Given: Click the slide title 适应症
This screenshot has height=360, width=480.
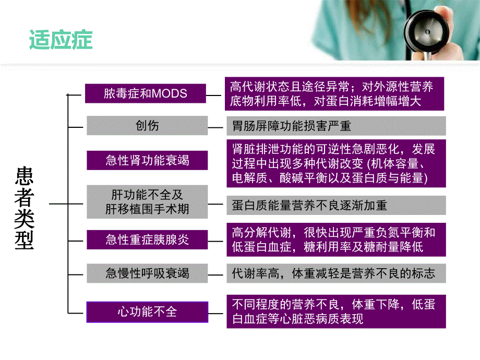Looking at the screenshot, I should click(61, 40).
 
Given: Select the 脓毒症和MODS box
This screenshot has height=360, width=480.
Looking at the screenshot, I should click(146, 94).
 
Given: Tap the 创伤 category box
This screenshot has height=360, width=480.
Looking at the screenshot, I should click(147, 126).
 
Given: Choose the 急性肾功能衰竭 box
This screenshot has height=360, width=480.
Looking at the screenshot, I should click(147, 160).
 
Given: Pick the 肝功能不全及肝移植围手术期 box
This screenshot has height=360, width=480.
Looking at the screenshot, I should click(147, 202).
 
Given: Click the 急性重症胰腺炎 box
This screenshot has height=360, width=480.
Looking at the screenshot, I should click(147, 239).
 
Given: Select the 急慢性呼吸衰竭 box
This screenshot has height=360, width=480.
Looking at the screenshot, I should click(147, 273).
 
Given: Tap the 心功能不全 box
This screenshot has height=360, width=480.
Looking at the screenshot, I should click(147, 312).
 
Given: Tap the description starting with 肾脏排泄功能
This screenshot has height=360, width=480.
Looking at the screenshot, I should click(336, 163).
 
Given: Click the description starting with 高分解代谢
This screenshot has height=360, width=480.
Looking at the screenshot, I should click(336, 239).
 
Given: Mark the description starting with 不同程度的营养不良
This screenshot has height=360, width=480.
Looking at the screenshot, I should click(336, 311).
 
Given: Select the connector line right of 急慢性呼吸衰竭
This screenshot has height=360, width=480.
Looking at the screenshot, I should click(217, 273).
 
